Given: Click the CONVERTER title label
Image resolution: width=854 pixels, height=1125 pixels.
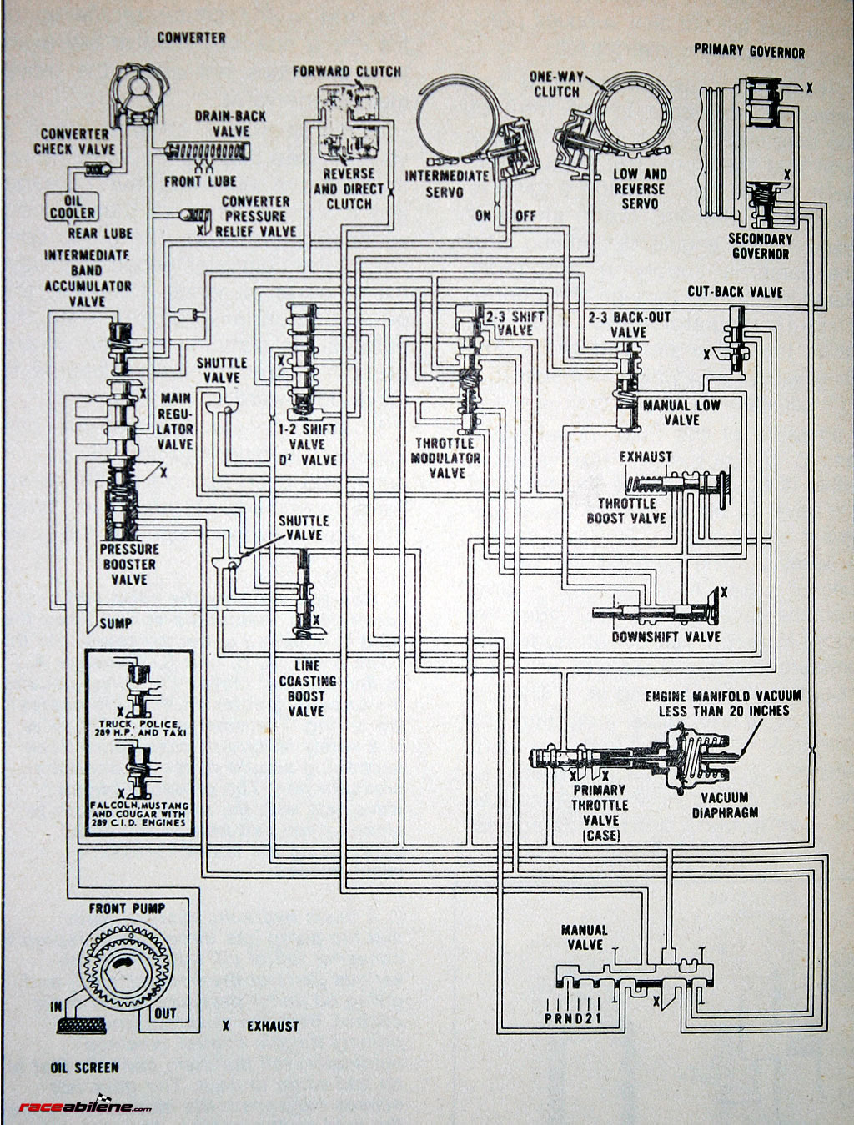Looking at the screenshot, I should (x=191, y=38).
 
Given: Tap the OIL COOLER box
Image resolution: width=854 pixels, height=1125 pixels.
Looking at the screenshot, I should (x=72, y=206).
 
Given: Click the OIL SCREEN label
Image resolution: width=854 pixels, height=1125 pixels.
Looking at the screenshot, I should (x=83, y=1067).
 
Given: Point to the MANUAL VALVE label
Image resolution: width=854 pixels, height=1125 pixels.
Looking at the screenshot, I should (x=584, y=937).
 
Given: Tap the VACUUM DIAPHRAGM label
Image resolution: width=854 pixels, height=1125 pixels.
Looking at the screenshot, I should (x=725, y=804).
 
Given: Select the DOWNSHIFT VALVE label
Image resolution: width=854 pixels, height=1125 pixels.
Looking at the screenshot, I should (x=666, y=636).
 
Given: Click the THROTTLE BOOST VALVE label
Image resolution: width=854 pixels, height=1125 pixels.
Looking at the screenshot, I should (x=626, y=510).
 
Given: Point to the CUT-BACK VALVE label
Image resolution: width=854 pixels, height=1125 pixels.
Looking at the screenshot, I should (x=735, y=291).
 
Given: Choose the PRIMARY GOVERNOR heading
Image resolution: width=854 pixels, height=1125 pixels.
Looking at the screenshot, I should (x=749, y=51).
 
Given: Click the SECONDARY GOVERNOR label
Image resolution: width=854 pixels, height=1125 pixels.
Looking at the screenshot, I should (x=760, y=245).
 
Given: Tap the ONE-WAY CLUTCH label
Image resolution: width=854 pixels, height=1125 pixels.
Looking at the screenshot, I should (x=556, y=84).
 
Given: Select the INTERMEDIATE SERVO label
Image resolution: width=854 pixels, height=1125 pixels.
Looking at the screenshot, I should (x=446, y=183).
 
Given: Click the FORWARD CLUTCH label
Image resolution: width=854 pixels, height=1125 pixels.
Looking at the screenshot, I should (x=346, y=72).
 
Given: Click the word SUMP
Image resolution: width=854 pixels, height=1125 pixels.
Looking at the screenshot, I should (x=115, y=623).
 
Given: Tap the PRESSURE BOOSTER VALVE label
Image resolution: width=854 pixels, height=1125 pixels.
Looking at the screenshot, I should (x=129, y=564).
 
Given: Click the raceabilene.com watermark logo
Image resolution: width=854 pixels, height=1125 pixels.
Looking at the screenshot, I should (x=84, y=1107).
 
